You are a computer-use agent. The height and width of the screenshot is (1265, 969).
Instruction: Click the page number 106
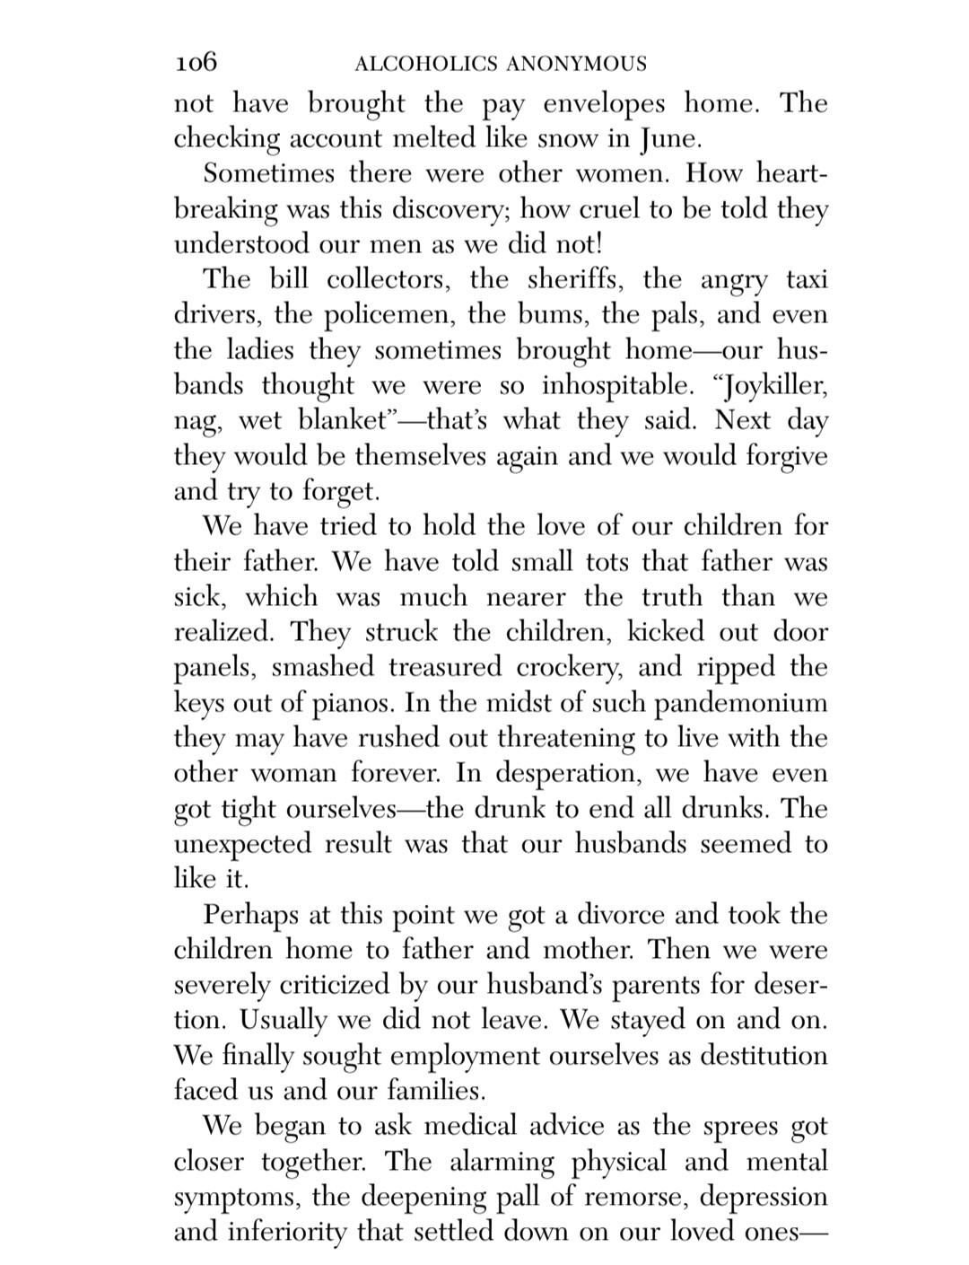196,63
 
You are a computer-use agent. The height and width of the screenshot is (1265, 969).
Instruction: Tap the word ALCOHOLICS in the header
427,64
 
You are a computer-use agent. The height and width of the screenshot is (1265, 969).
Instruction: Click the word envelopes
604,104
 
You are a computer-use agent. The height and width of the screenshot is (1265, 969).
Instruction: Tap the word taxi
806,279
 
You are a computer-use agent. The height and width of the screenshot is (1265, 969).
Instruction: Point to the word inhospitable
617,385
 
